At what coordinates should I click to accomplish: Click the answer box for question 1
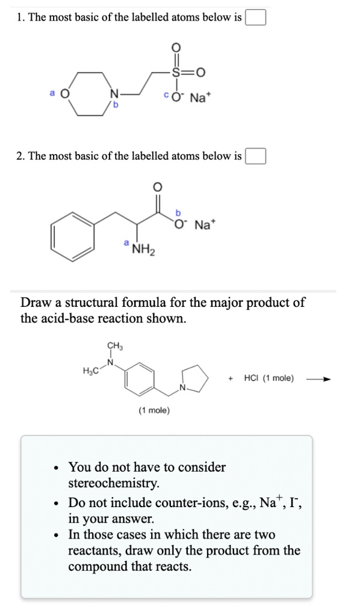(x=255, y=17)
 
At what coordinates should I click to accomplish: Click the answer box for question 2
(x=255, y=156)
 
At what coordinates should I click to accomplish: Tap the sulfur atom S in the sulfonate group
(x=176, y=72)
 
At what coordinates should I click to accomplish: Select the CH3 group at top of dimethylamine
(x=114, y=345)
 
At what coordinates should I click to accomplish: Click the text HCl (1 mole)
(x=268, y=378)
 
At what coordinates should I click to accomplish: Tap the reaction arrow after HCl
(x=318, y=379)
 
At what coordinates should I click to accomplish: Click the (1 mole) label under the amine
(x=154, y=410)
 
